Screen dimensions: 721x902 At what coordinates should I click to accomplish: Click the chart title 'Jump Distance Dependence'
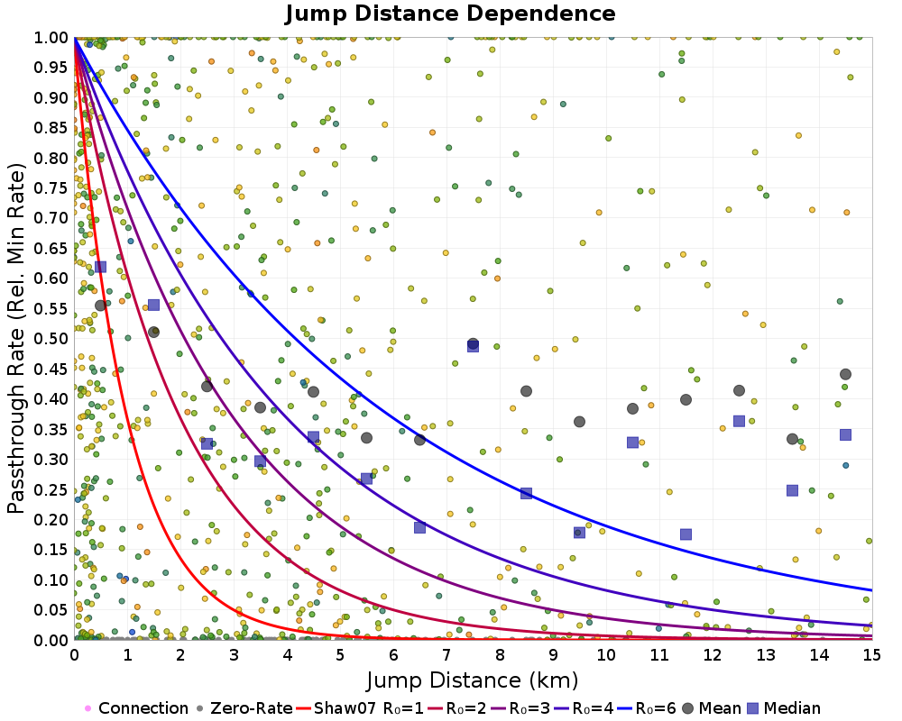click(450, 14)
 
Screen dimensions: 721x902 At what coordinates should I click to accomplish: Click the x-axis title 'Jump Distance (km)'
click(473, 678)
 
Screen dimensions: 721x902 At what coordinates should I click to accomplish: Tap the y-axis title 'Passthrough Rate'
click(16, 339)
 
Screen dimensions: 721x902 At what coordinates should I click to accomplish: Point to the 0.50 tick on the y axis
click(52, 338)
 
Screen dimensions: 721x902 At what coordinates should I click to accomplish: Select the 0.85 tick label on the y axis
click(52, 127)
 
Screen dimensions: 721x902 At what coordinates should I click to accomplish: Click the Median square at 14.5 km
click(845, 434)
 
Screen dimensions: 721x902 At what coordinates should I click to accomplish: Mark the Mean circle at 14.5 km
click(845, 374)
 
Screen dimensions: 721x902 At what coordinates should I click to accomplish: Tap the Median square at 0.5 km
click(100, 267)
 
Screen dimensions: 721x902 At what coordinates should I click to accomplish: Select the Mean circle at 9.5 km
click(579, 422)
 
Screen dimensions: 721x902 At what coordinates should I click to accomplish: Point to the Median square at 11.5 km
click(686, 534)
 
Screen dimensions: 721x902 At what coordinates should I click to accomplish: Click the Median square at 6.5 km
click(419, 527)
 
